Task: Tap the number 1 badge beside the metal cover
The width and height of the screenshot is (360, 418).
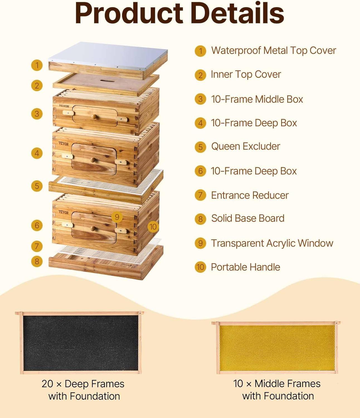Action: (x=37, y=65)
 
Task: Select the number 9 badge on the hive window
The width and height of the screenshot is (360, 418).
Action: (x=117, y=217)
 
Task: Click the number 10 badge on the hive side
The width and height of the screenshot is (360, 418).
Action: (x=153, y=227)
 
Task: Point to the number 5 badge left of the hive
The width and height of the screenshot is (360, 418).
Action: (x=37, y=186)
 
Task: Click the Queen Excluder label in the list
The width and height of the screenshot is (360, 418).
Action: (x=245, y=146)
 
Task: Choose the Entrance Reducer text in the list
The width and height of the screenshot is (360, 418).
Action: (x=250, y=195)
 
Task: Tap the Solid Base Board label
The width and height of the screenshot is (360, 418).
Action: (x=248, y=218)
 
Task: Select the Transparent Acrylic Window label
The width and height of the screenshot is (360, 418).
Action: (x=272, y=243)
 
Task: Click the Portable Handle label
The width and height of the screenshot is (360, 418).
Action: (x=245, y=267)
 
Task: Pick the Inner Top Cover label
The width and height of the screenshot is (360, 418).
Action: (x=246, y=74)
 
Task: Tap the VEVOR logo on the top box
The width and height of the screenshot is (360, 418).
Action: (x=64, y=106)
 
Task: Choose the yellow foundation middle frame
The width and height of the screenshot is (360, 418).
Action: (x=276, y=347)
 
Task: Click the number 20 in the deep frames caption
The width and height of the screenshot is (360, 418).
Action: (x=47, y=384)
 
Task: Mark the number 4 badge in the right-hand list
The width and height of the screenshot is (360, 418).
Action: (x=200, y=123)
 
